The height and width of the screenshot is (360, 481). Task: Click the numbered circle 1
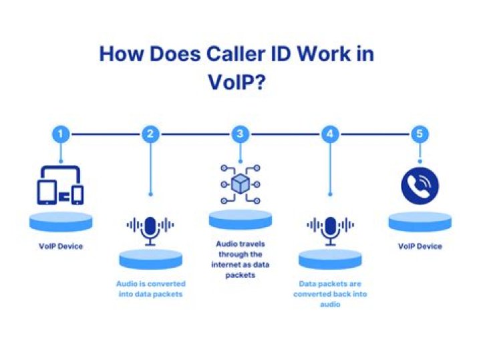click(x=61, y=134)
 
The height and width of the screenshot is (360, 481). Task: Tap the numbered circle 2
click(x=150, y=134)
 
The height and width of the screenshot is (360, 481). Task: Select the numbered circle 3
click(x=240, y=134)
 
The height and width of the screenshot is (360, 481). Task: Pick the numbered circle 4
click(x=330, y=134)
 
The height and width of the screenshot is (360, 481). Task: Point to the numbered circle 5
click(x=420, y=134)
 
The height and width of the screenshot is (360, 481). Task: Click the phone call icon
click(x=420, y=186)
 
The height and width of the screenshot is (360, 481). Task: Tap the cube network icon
click(x=240, y=184)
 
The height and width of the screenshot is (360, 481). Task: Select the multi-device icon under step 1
click(x=60, y=185)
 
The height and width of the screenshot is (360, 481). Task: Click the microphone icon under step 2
click(x=150, y=231)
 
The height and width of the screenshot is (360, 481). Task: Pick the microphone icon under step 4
click(x=331, y=231)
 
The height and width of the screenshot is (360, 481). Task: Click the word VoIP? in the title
click(x=236, y=82)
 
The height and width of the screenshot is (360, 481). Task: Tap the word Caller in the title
click(x=236, y=54)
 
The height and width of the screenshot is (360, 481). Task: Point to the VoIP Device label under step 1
click(x=61, y=246)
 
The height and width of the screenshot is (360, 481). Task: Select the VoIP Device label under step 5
click(x=420, y=246)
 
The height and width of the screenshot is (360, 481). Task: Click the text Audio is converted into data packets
click(x=150, y=289)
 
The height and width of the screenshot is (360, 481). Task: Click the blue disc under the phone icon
click(x=420, y=222)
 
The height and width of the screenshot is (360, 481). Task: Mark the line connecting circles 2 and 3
click(x=195, y=134)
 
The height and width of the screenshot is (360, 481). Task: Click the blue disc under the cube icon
click(x=240, y=220)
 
